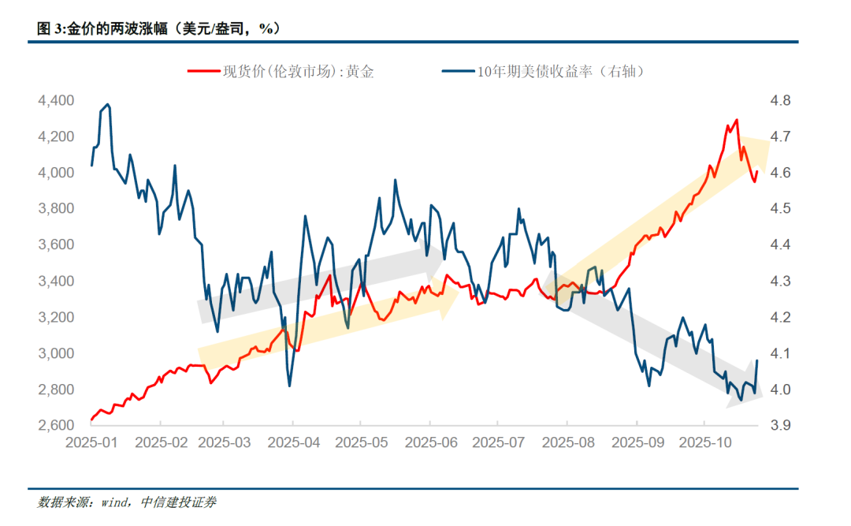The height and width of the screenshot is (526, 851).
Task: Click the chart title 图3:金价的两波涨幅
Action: pos(158,28)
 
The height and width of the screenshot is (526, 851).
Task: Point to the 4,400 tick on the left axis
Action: pos(56,101)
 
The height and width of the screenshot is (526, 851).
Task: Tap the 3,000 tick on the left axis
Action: pos(56,353)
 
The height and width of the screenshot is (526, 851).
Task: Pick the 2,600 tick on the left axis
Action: pos(56,426)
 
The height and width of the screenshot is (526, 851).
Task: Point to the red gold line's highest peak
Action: pos(737,120)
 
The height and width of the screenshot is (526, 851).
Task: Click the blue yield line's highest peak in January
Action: pos(108,104)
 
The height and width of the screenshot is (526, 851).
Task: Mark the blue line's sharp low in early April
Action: pos(289,386)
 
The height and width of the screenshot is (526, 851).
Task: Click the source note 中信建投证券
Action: pos(177,502)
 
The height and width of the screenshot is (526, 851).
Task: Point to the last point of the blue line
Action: pos(757,360)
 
